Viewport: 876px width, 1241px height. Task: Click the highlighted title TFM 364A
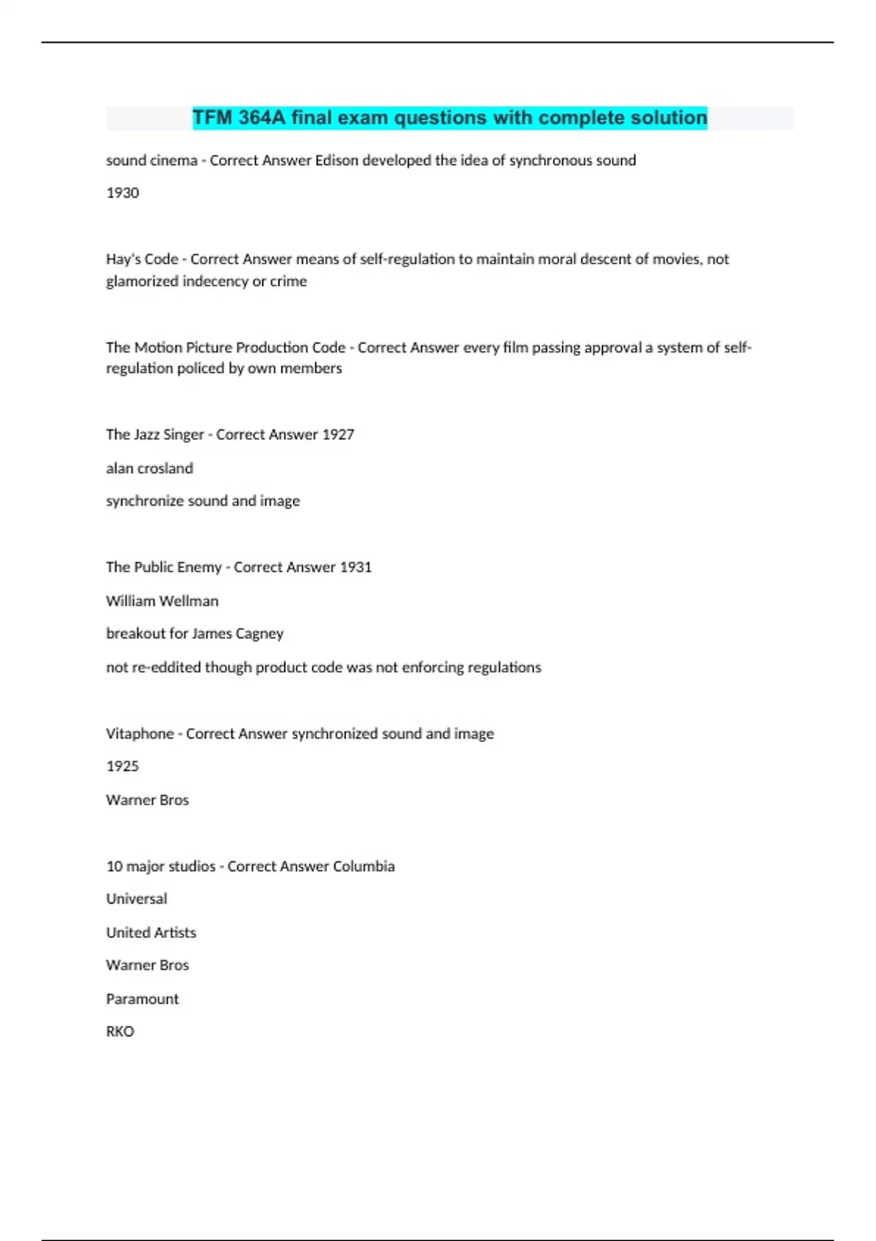click(450, 118)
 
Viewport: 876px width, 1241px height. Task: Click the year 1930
click(123, 193)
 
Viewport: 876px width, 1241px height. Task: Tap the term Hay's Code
click(142, 259)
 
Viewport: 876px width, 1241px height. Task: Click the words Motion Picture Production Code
click(239, 347)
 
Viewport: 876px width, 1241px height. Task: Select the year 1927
click(338, 434)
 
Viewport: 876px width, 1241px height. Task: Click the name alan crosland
click(150, 468)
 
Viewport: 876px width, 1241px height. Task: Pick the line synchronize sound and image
click(203, 501)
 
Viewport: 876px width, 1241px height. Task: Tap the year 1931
click(356, 567)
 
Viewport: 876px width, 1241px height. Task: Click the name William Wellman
click(162, 601)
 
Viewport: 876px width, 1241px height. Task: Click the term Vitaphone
click(139, 734)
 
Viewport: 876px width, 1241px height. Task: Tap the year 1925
click(123, 766)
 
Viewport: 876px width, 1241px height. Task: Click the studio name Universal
click(137, 899)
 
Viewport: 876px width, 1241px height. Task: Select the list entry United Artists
click(151, 932)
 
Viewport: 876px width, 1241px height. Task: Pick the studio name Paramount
click(142, 999)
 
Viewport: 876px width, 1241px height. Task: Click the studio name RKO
click(120, 1031)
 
